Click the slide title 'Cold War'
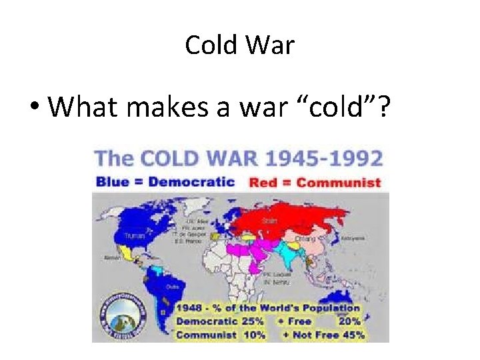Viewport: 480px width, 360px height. pyautogui.click(x=239, y=45)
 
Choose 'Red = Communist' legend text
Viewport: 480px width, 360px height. pyautogui.click(x=315, y=182)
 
